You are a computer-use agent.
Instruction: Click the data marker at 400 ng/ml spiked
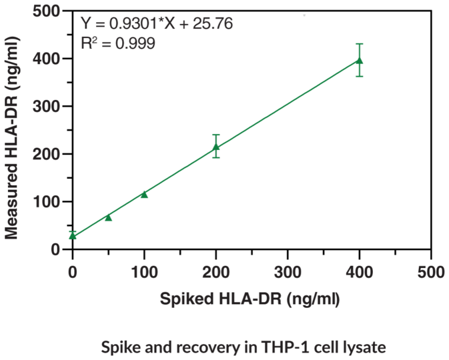(x=360, y=61)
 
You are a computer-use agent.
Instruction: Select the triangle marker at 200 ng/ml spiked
(x=216, y=147)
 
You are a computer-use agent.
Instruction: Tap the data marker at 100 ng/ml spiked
(x=144, y=194)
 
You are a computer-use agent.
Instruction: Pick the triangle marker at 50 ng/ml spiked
(x=108, y=217)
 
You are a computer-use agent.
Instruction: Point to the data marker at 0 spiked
(x=73, y=235)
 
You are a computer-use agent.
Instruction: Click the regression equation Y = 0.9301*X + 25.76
(x=157, y=25)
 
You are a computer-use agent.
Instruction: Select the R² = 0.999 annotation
(x=118, y=44)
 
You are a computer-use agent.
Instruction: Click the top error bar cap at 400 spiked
(x=360, y=44)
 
